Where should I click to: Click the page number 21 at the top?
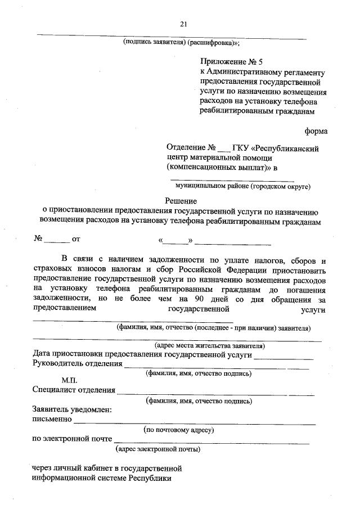pyautogui.click(x=183, y=23)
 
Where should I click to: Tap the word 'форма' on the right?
pyautogui.click(x=316, y=131)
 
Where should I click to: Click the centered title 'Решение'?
pyautogui.click(x=181, y=201)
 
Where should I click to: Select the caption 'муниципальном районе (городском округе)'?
pyautogui.click(x=243, y=185)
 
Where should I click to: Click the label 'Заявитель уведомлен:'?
pyautogui.click(x=72, y=409)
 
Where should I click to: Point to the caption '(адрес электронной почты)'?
pyautogui.click(x=158, y=449)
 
